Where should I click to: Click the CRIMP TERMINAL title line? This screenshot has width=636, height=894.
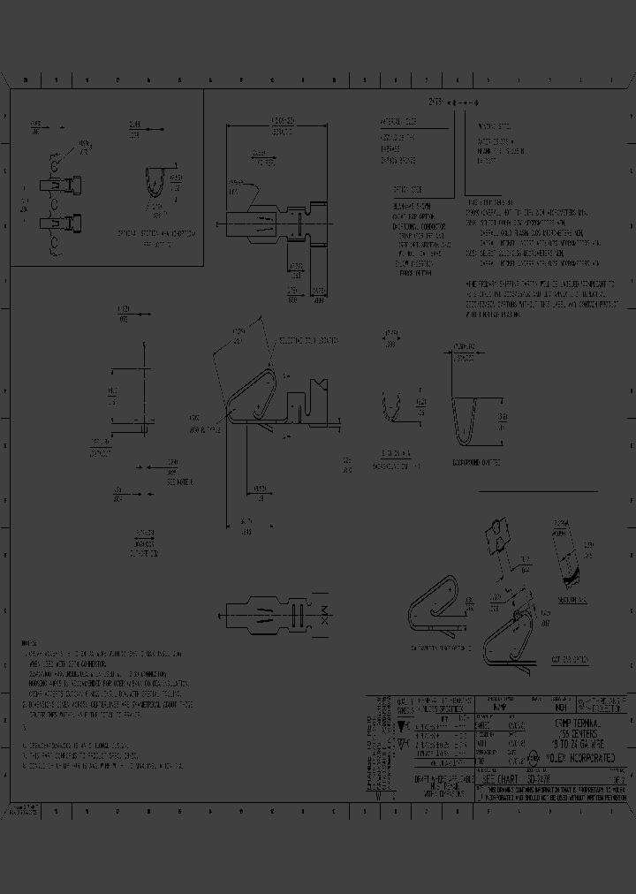pos(579,722)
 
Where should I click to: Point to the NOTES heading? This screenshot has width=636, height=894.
pos(29,643)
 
